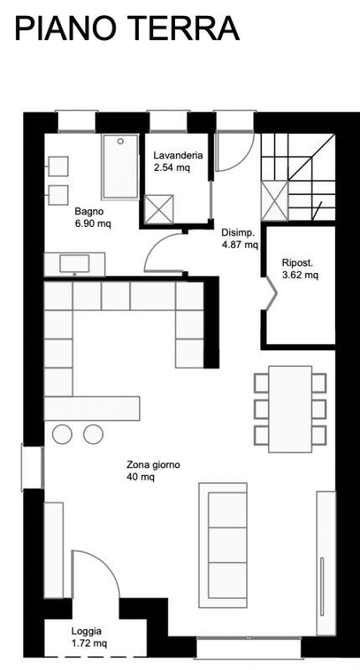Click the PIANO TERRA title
click(x=126, y=28)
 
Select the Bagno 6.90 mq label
click(x=93, y=217)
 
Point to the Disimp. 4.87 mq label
click(x=240, y=239)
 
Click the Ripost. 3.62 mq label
click(x=301, y=269)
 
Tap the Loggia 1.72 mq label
click(x=90, y=636)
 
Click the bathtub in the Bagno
click(x=121, y=166)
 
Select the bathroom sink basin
click(x=75, y=263)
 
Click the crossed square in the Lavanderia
click(x=159, y=209)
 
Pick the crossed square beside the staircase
click(x=275, y=201)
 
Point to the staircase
click(x=298, y=178)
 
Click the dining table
click(x=291, y=409)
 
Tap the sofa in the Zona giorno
click(x=223, y=545)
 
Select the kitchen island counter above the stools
click(x=92, y=409)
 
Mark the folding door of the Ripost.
click(x=270, y=293)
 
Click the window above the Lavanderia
click(x=168, y=121)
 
